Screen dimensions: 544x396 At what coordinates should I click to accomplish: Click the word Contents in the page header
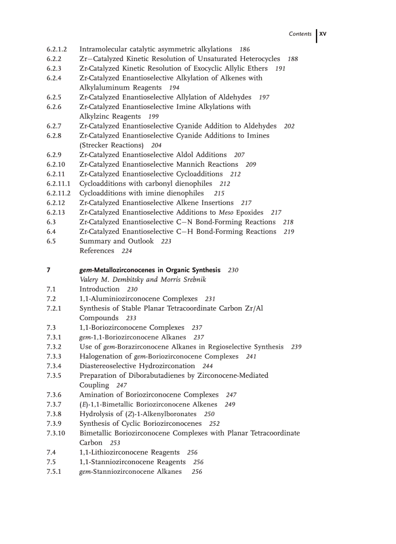coord(300,34)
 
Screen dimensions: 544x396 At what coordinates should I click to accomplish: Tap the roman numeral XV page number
coord(323,34)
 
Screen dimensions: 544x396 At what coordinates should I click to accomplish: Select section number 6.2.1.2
coord(57,49)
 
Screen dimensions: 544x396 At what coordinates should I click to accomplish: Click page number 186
coord(245,49)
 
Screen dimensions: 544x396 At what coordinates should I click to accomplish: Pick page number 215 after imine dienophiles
coord(219,193)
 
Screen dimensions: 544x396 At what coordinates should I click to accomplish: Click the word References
coord(97,251)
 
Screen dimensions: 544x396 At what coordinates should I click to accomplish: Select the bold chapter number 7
coord(49,270)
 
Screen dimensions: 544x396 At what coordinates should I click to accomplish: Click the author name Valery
coord(90,280)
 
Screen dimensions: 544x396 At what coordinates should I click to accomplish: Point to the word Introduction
coord(99,289)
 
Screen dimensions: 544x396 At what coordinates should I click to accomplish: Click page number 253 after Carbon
coord(115,443)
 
